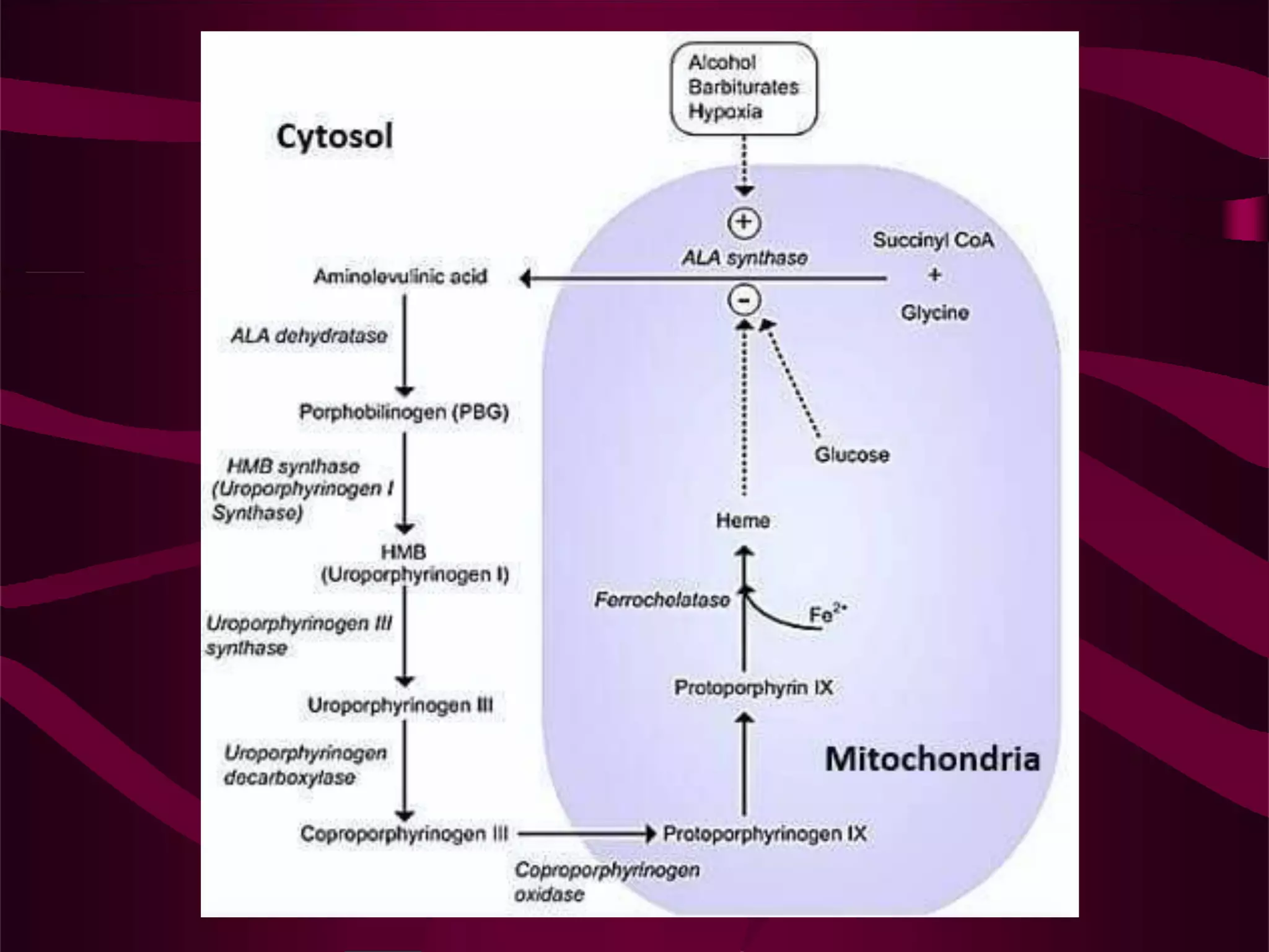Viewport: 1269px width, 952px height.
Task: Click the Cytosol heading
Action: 335,136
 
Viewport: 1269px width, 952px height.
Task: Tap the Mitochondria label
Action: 932,759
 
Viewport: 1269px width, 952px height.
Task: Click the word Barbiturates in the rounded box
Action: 744,87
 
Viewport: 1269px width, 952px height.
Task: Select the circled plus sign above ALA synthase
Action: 744,223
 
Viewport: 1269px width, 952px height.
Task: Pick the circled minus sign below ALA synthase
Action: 744,301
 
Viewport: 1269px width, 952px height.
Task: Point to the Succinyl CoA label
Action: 933,240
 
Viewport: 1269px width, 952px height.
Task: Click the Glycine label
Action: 934,312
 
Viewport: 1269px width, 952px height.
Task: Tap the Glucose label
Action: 852,454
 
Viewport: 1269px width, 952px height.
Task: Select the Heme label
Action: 743,521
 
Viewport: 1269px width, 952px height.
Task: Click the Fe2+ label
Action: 827,614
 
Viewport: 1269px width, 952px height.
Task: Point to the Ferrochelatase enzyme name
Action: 662,600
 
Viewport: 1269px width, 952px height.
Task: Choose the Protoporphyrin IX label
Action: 753,687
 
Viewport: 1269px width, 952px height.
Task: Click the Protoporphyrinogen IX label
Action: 765,834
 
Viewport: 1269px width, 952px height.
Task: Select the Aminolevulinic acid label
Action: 400,276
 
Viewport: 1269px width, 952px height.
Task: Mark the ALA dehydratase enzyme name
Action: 309,336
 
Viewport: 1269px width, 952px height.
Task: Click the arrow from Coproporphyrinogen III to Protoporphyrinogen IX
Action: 586,834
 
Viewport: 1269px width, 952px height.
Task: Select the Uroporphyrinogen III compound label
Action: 400,705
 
